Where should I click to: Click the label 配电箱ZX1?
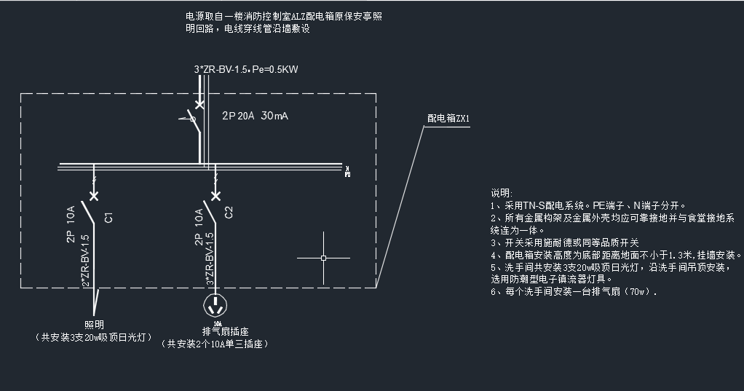coord(448,118)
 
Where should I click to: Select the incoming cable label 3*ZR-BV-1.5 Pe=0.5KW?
coord(247,70)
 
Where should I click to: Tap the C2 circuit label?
coord(229,213)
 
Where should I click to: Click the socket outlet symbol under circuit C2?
coord(215,303)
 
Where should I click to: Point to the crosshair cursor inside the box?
coord(324,258)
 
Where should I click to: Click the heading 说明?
coord(502,193)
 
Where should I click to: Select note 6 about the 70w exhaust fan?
coord(574,292)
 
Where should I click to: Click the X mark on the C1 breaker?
coord(93,195)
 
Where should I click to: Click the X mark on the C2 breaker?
coord(215,195)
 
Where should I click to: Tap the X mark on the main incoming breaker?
coord(199,105)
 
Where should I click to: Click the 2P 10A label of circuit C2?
coord(199,227)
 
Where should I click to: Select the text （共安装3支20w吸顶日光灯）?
coord(95,338)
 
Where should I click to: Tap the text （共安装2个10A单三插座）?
coord(215,344)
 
